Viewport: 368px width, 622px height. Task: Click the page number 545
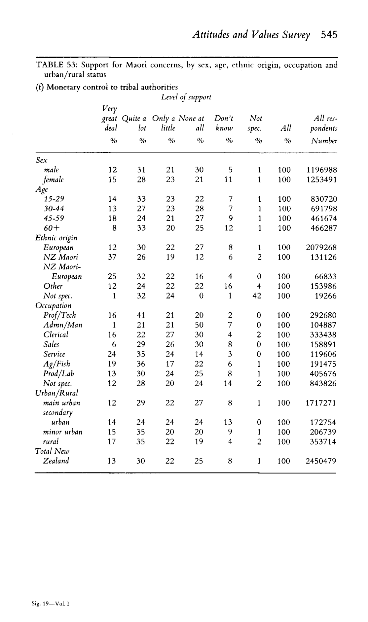click(x=329, y=35)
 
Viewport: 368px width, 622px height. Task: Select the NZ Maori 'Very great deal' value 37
click(x=112, y=257)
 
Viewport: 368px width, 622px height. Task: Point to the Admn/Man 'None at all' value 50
click(x=199, y=325)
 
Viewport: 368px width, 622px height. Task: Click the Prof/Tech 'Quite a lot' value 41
click(x=141, y=315)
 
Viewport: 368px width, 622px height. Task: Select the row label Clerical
click(x=56, y=335)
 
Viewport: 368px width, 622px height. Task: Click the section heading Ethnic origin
click(x=56, y=238)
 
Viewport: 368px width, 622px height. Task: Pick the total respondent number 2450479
click(x=320, y=461)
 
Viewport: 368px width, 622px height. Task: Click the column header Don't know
click(x=224, y=123)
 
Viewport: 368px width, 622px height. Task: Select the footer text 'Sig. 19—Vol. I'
click(x=50, y=604)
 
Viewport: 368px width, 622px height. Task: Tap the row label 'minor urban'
click(x=63, y=432)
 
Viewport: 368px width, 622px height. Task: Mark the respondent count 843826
click(x=323, y=383)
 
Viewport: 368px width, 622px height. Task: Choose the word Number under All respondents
click(x=324, y=141)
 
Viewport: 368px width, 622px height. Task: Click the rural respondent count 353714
click(x=323, y=442)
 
